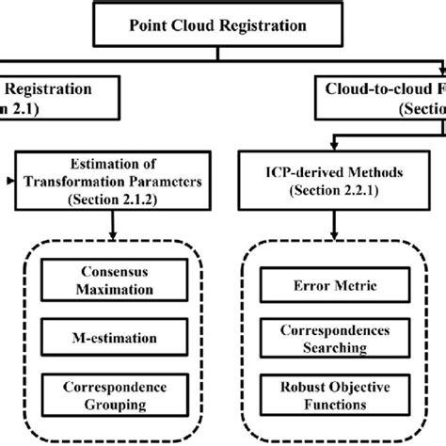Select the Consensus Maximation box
(x=112, y=279)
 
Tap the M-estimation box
(x=112, y=337)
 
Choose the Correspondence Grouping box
(x=112, y=395)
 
